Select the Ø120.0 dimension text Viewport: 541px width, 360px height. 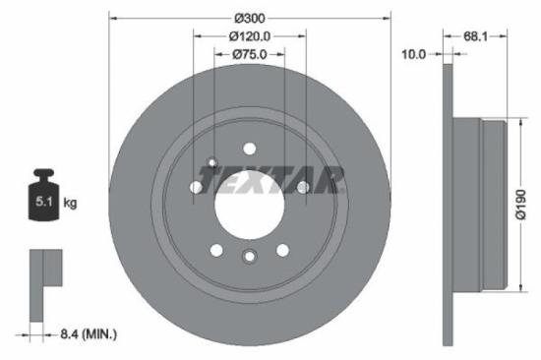(x=250, y=36)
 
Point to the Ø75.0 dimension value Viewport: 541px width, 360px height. (x=250, y=55)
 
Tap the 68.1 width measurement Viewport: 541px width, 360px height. (x=476, y=36)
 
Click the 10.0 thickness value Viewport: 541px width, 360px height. (x=414, y=55)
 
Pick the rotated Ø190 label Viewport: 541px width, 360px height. (x=522, y=204)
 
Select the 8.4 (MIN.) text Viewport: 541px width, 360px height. (x=89, y=335)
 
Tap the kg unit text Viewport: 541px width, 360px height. (x=71, y=204)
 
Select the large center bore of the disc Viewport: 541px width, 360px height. (x=250, y=204)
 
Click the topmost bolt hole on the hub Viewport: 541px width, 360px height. (x=250, y=149)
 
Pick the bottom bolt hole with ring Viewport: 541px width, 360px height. (x=250, y=259)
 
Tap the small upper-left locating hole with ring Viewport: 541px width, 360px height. (x=212, y=163)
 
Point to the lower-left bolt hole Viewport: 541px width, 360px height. (x=216, y=249)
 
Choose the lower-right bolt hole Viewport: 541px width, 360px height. (x=283, y=249)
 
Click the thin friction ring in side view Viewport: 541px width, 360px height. (x=449, y=204)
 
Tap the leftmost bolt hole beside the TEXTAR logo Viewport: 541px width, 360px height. (x=196, y=187)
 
